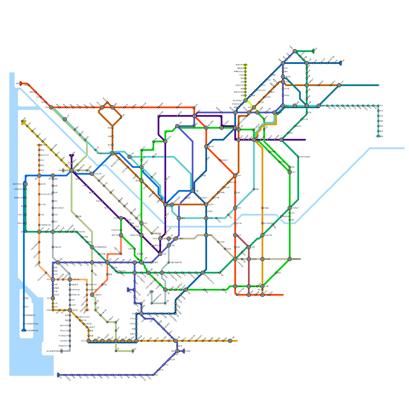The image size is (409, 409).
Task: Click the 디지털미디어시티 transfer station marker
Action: click(112, 153)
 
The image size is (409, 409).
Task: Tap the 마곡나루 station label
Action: click(98, 174)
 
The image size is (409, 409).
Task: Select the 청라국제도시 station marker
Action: click(26, 184)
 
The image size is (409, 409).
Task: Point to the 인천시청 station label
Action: click(76, 279)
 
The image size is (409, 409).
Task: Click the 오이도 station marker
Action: click(89, 341)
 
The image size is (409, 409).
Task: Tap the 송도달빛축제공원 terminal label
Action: click(53, 351)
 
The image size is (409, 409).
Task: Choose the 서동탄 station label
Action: click(188, 351)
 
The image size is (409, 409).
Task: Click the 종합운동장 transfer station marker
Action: click(290, 259)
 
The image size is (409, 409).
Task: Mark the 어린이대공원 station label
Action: click(304, 157)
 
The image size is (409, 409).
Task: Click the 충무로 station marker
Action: click(206, 146)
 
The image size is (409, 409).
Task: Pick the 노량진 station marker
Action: click(176, 238)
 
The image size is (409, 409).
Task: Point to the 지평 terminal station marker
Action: click(378, 136)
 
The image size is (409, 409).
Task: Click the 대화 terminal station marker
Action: click(20, 83)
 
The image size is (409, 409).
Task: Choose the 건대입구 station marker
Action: click(290, 208)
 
